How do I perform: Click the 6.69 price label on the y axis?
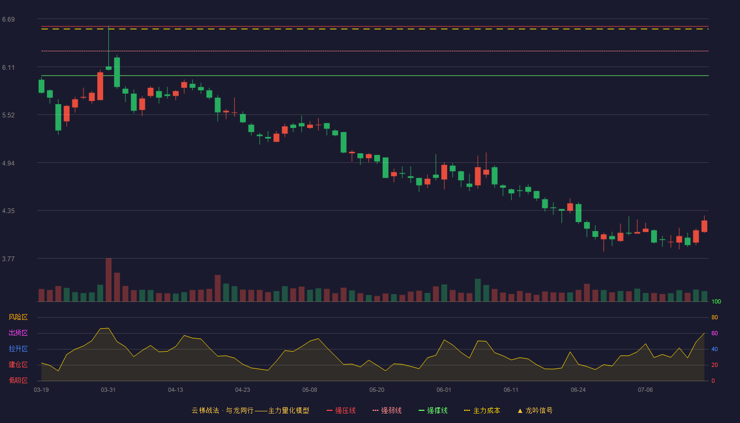point(8,20)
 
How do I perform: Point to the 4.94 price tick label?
point(8,163)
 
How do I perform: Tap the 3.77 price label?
point(8,259)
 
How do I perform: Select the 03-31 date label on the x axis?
point(108,390)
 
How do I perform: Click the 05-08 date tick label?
point(310,390)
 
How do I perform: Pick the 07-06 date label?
point(645,390)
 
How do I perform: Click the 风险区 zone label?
point(18,317)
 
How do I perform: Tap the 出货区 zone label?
point(18,333)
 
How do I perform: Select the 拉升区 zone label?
point(18,348)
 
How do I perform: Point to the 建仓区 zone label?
point(18,364)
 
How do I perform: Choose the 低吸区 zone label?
point(18,380)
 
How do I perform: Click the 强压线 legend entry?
point(341,410)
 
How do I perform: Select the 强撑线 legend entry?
point(433,410)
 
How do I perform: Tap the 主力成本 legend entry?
point(482,410)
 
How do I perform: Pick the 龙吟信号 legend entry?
point(535,410)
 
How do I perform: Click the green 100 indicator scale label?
point(716,301)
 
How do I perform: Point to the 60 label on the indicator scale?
point(715,333)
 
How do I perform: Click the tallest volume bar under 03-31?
point(108,280)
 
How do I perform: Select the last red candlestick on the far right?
point(704,226)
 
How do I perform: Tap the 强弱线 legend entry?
point(387,410)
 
